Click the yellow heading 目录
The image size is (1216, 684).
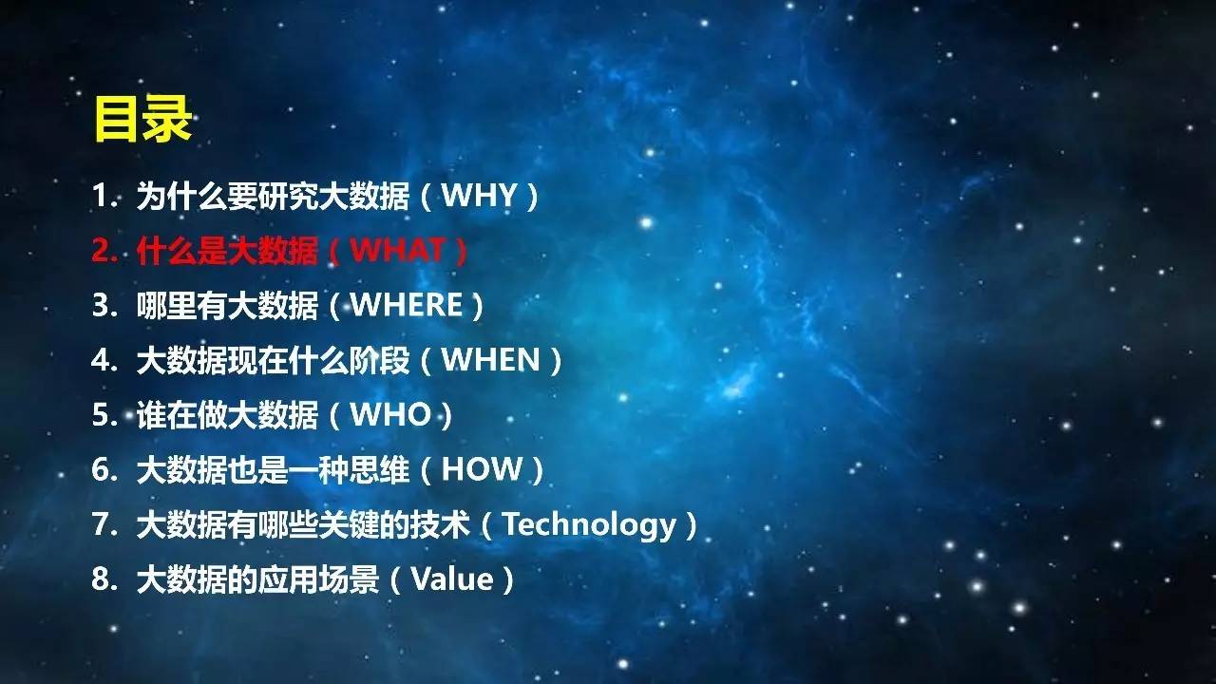(x=143, y=120)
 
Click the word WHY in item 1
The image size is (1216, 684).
(x=479, y=196)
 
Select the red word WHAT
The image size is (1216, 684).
(x=398, y=250)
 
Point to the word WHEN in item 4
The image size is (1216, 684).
(x=491, y=359)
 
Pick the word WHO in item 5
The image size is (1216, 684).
(x=390, y=414)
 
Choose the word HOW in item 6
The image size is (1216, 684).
(x=482, y=469)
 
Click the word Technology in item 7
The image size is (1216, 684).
(x=590, y=525)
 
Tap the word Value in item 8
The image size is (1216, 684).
(x=452, y=579)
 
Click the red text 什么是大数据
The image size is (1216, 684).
(x=227, y=251)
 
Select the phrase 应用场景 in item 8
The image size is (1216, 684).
(x=318, y=579)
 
